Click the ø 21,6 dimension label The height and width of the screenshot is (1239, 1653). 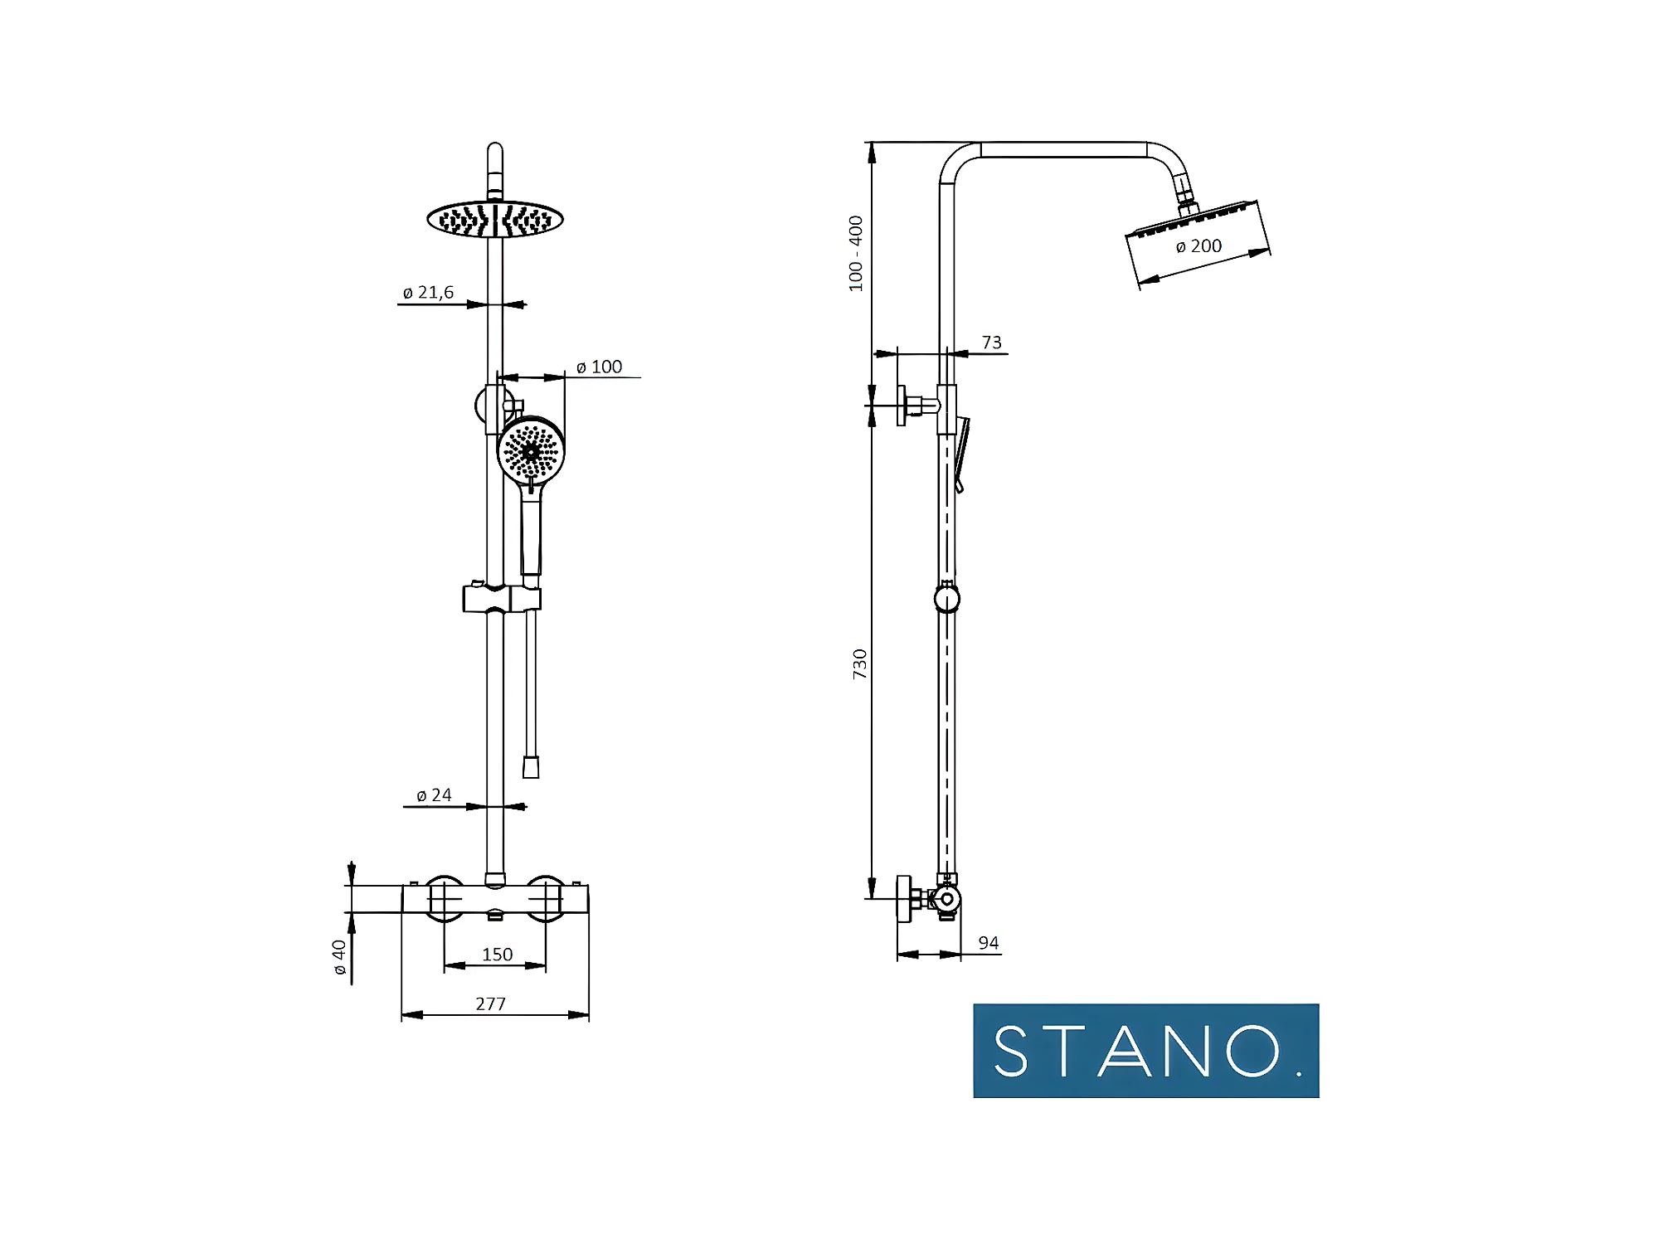(x=428, y=293)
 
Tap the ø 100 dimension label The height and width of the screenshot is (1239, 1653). (x=599, y=367)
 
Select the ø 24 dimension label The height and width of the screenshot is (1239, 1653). (x=434, y=795)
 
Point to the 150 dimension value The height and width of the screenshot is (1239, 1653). (x=497, y=955)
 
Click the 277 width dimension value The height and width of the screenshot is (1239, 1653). (x=490, y=1004)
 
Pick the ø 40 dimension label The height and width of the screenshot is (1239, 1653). (x=339, y=957)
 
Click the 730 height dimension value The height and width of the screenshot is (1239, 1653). (x=860, y=664)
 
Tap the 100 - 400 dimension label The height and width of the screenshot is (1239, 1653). (x=856, y=254)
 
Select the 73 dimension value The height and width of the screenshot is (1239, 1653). (x=991, y=343)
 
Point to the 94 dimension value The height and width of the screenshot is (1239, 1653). (x=988, y=943)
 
